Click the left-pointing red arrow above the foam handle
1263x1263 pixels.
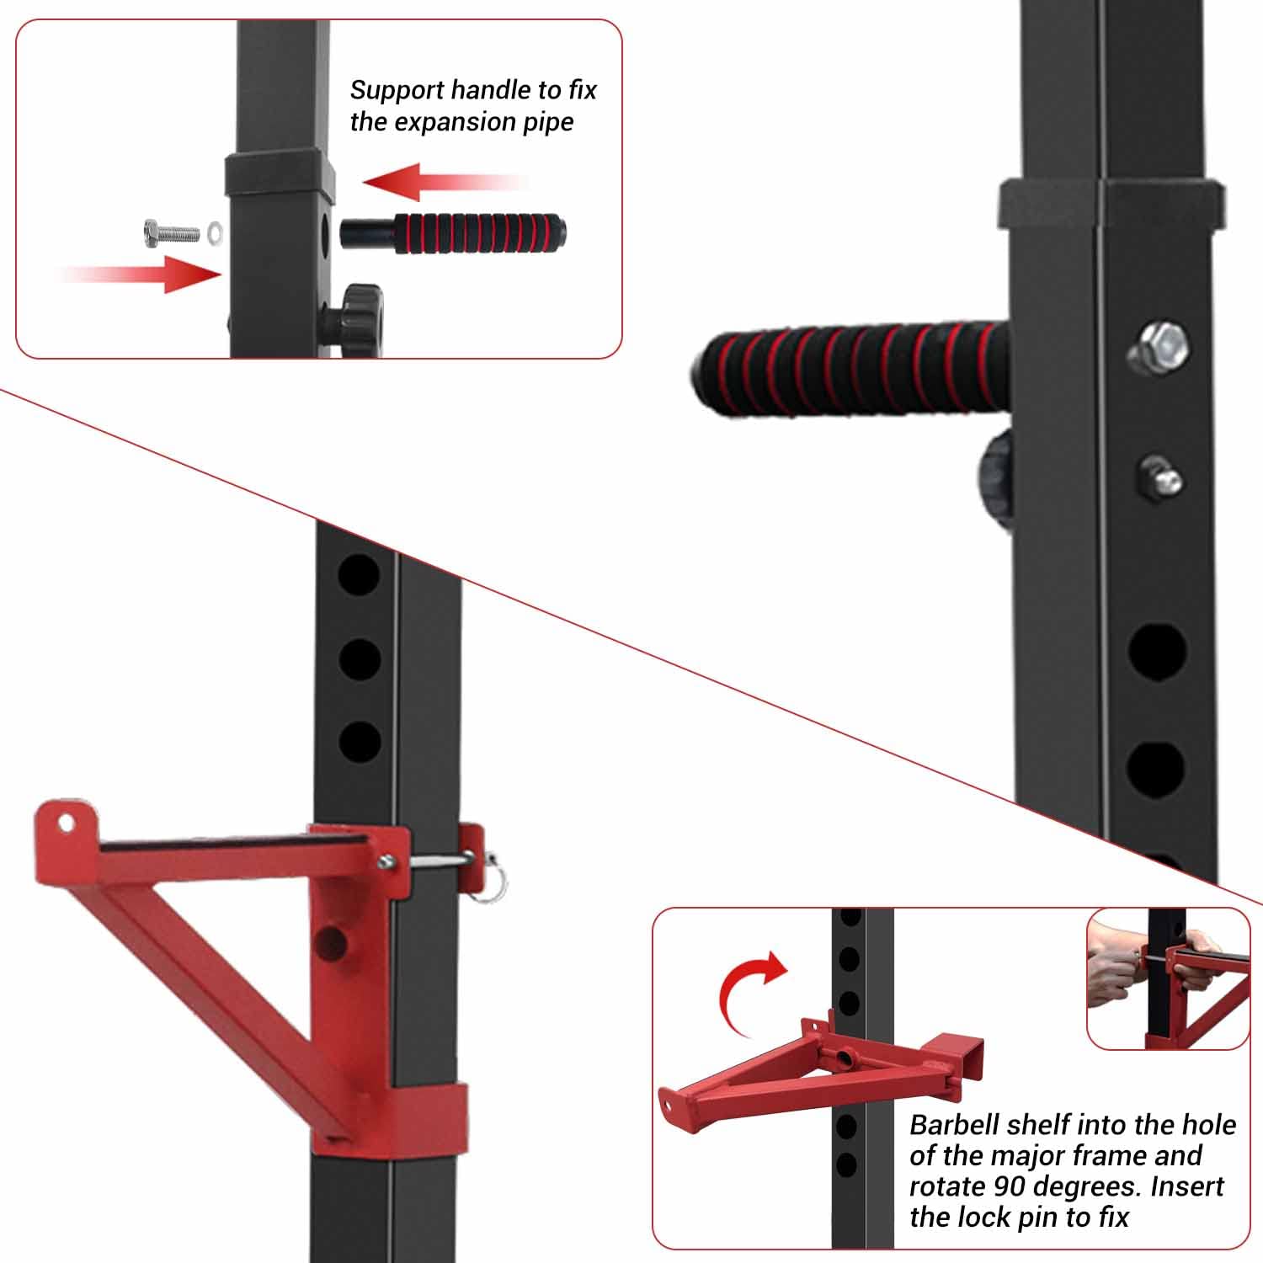446,182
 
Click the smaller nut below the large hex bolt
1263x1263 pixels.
1160,478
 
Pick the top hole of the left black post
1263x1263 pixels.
360,575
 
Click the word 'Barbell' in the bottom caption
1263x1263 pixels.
955,1125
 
